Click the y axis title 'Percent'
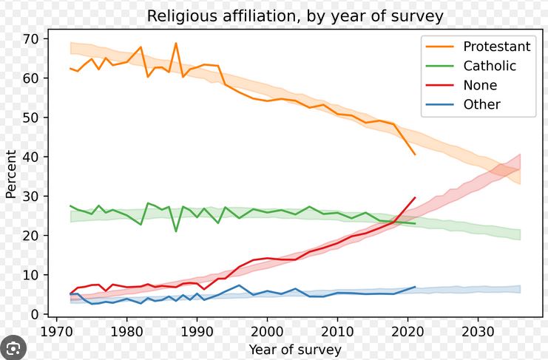coord(11,174)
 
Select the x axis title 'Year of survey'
coord(294,349)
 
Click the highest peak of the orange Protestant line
coord(176,43)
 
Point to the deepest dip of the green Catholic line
coord(176,231)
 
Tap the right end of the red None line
coord(415,197)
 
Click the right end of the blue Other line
coord(415,287)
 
